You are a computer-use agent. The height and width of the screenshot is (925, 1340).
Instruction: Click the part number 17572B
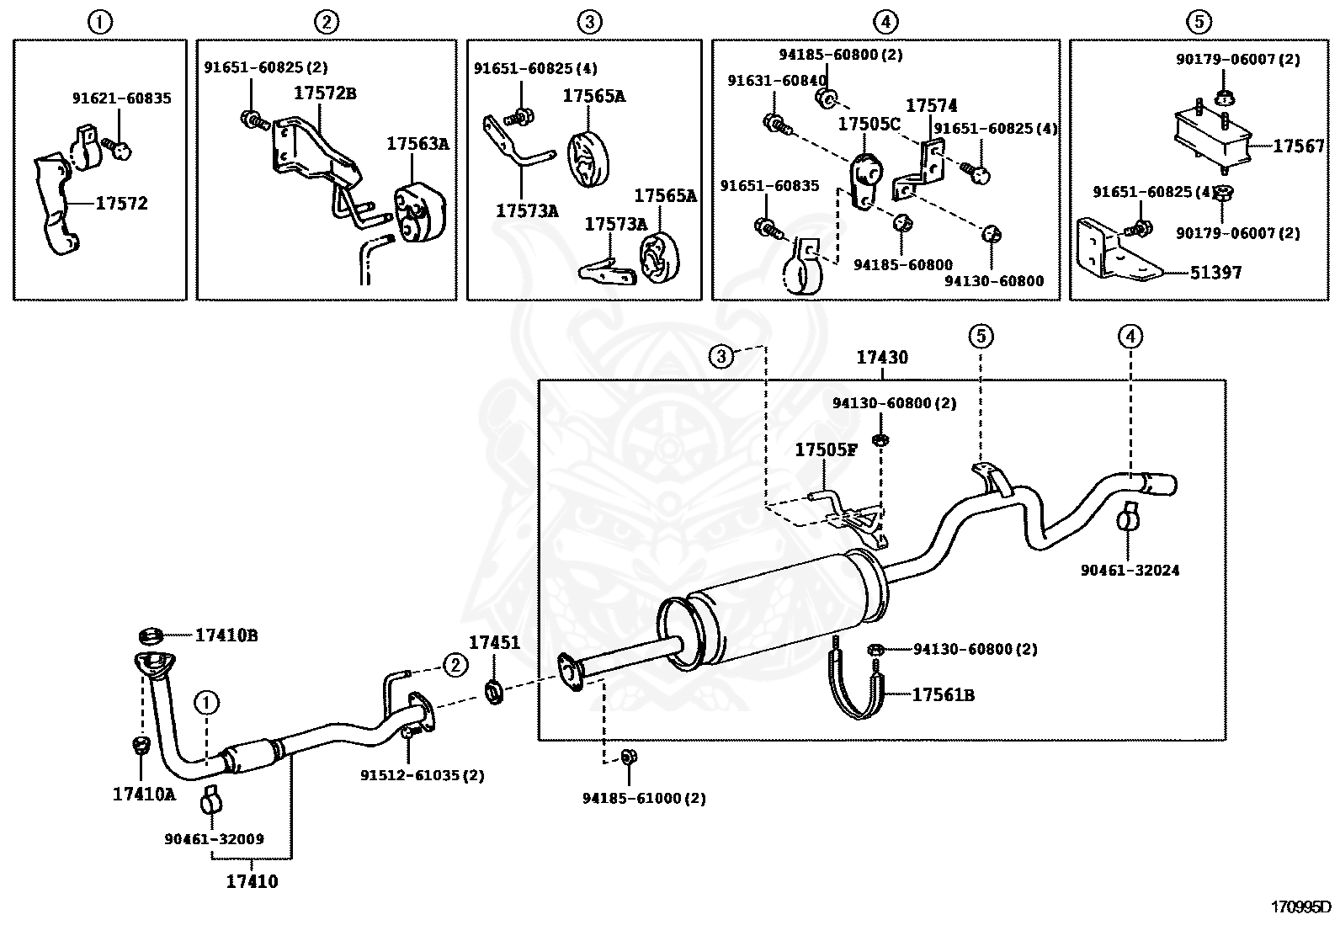tap(325, 93)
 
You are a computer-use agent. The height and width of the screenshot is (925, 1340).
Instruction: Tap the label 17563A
tap(417, 144)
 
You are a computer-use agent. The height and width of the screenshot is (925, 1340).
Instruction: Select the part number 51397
tap(1215, 273)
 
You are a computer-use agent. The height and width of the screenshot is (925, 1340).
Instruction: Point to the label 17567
tap(1299, 146)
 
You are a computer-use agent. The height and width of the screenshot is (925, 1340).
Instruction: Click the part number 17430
tap(882, 357)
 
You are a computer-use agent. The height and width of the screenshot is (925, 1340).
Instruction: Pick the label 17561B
tap(944, 694)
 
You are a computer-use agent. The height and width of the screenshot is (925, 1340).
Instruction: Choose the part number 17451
tap(494, 642)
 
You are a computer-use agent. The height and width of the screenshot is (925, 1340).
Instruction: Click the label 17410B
tap(226, 635)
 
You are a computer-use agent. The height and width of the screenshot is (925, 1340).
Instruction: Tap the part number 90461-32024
tap(1130, 570)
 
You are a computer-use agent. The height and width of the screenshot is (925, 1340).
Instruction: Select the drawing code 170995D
tap(1300, 907)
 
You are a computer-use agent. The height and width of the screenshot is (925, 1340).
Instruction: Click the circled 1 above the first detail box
tap(100, 23)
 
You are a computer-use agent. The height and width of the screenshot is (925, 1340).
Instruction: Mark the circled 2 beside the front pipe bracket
tap(455, 665)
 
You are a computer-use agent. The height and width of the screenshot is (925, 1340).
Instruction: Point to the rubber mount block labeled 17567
tap(1211, 137)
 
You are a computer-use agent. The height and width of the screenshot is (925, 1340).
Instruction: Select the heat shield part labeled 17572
tap(56, 204)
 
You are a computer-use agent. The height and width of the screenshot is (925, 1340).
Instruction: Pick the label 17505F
tap(826, 450)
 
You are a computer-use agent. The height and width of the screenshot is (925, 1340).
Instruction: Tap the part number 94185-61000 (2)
tap(644, 798)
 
